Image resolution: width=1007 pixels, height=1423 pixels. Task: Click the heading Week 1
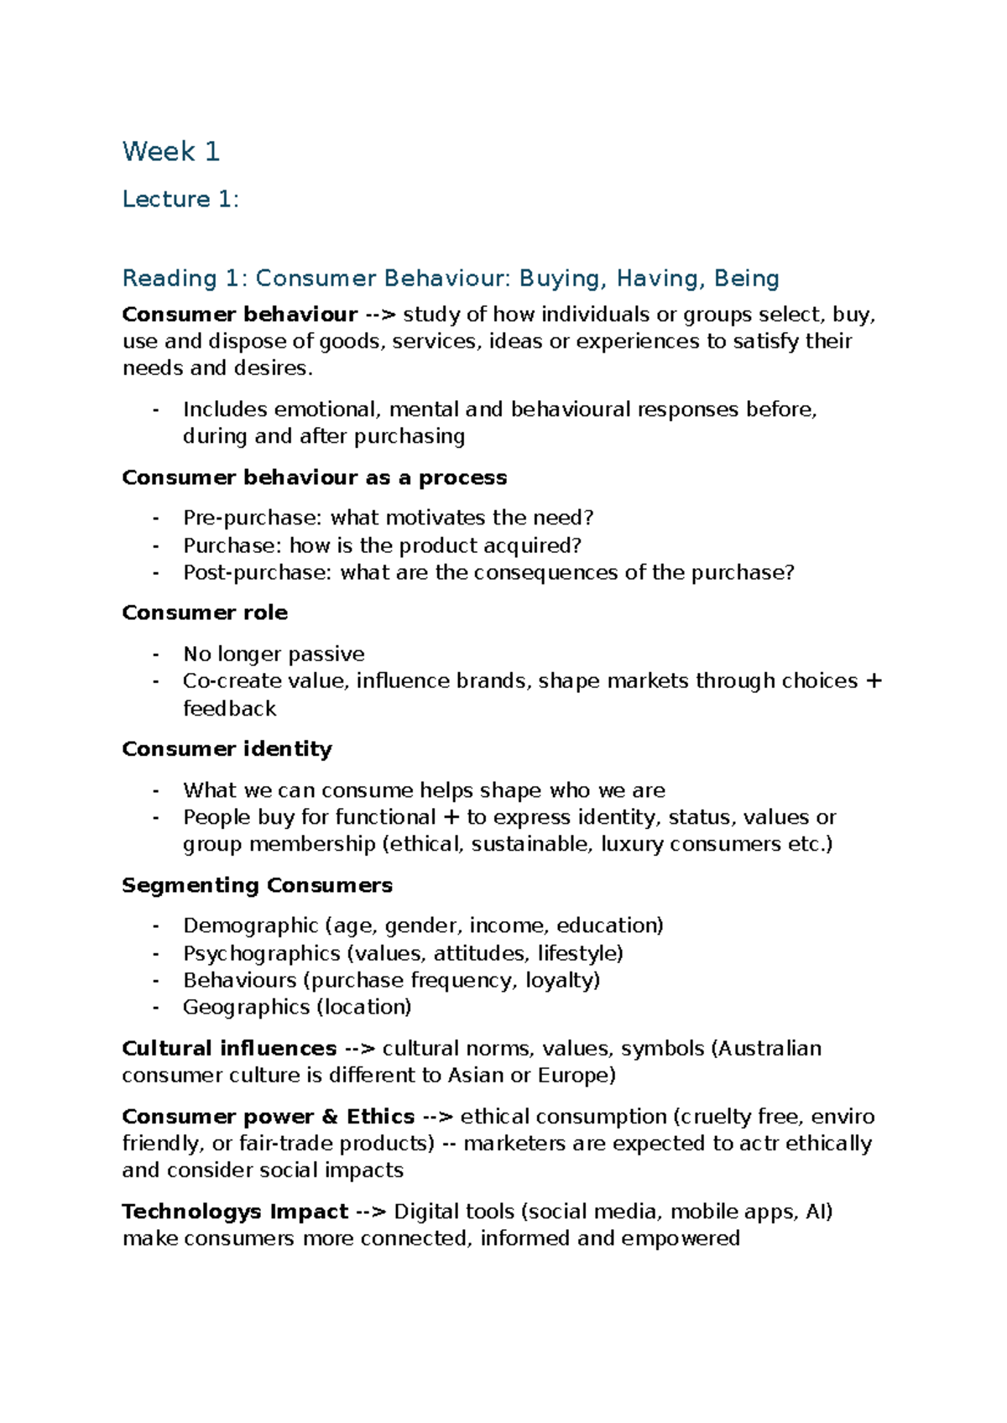click(x=170, y=152)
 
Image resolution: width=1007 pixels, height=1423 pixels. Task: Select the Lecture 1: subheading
click(x=180, y=200)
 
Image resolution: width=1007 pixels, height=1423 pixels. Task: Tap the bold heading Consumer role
click(x=205, y=613)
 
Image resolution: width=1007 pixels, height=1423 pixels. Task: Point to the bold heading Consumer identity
click(x=227, y=749)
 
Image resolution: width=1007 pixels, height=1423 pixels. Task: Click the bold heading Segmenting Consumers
click(x=257, y=886)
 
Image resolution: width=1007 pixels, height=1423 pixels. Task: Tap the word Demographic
click(x=250, y=926)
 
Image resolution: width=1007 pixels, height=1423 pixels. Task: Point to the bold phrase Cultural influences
click(x=229, y=1049)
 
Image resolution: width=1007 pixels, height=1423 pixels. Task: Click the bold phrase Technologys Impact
click(x=235, y=1212)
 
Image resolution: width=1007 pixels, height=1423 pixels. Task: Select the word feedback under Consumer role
click(x=229, y=710)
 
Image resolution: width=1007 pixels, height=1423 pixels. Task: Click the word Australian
click(x=770, y=1049)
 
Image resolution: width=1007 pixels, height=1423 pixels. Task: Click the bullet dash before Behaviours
click(x=156, y=981)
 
